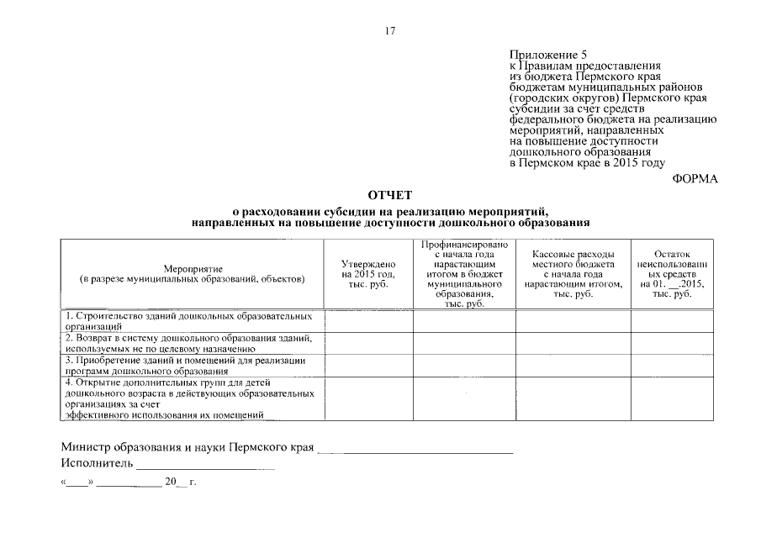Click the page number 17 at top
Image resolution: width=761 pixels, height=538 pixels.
pyautogui.click(x=389, y=31)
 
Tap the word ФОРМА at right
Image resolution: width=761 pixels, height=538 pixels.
pyautogui.click(x=695, y=178)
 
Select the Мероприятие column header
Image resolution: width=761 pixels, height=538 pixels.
pyautogui.click(x=193, y=273)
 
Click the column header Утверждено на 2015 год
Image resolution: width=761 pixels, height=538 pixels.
pyautogui.click(x=368, y=273)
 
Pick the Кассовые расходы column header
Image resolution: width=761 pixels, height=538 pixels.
pyautogui.click(x=573, y=273)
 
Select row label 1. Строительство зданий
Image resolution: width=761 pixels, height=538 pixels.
pyautogui.click(x=192, y=321)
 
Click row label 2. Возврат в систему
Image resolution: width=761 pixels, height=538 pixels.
pyautogui.click(x=192, y=343)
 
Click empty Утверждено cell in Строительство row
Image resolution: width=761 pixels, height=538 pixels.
pyautogui.click(x=368, y=321)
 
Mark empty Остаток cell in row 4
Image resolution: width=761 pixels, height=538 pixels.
pyautogui.click(x=671, y=398)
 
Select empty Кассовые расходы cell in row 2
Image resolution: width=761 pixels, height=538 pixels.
pyautogui.click(x=573, y=343)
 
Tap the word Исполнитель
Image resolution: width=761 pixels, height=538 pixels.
pyautogui.click(x=97, y=463)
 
